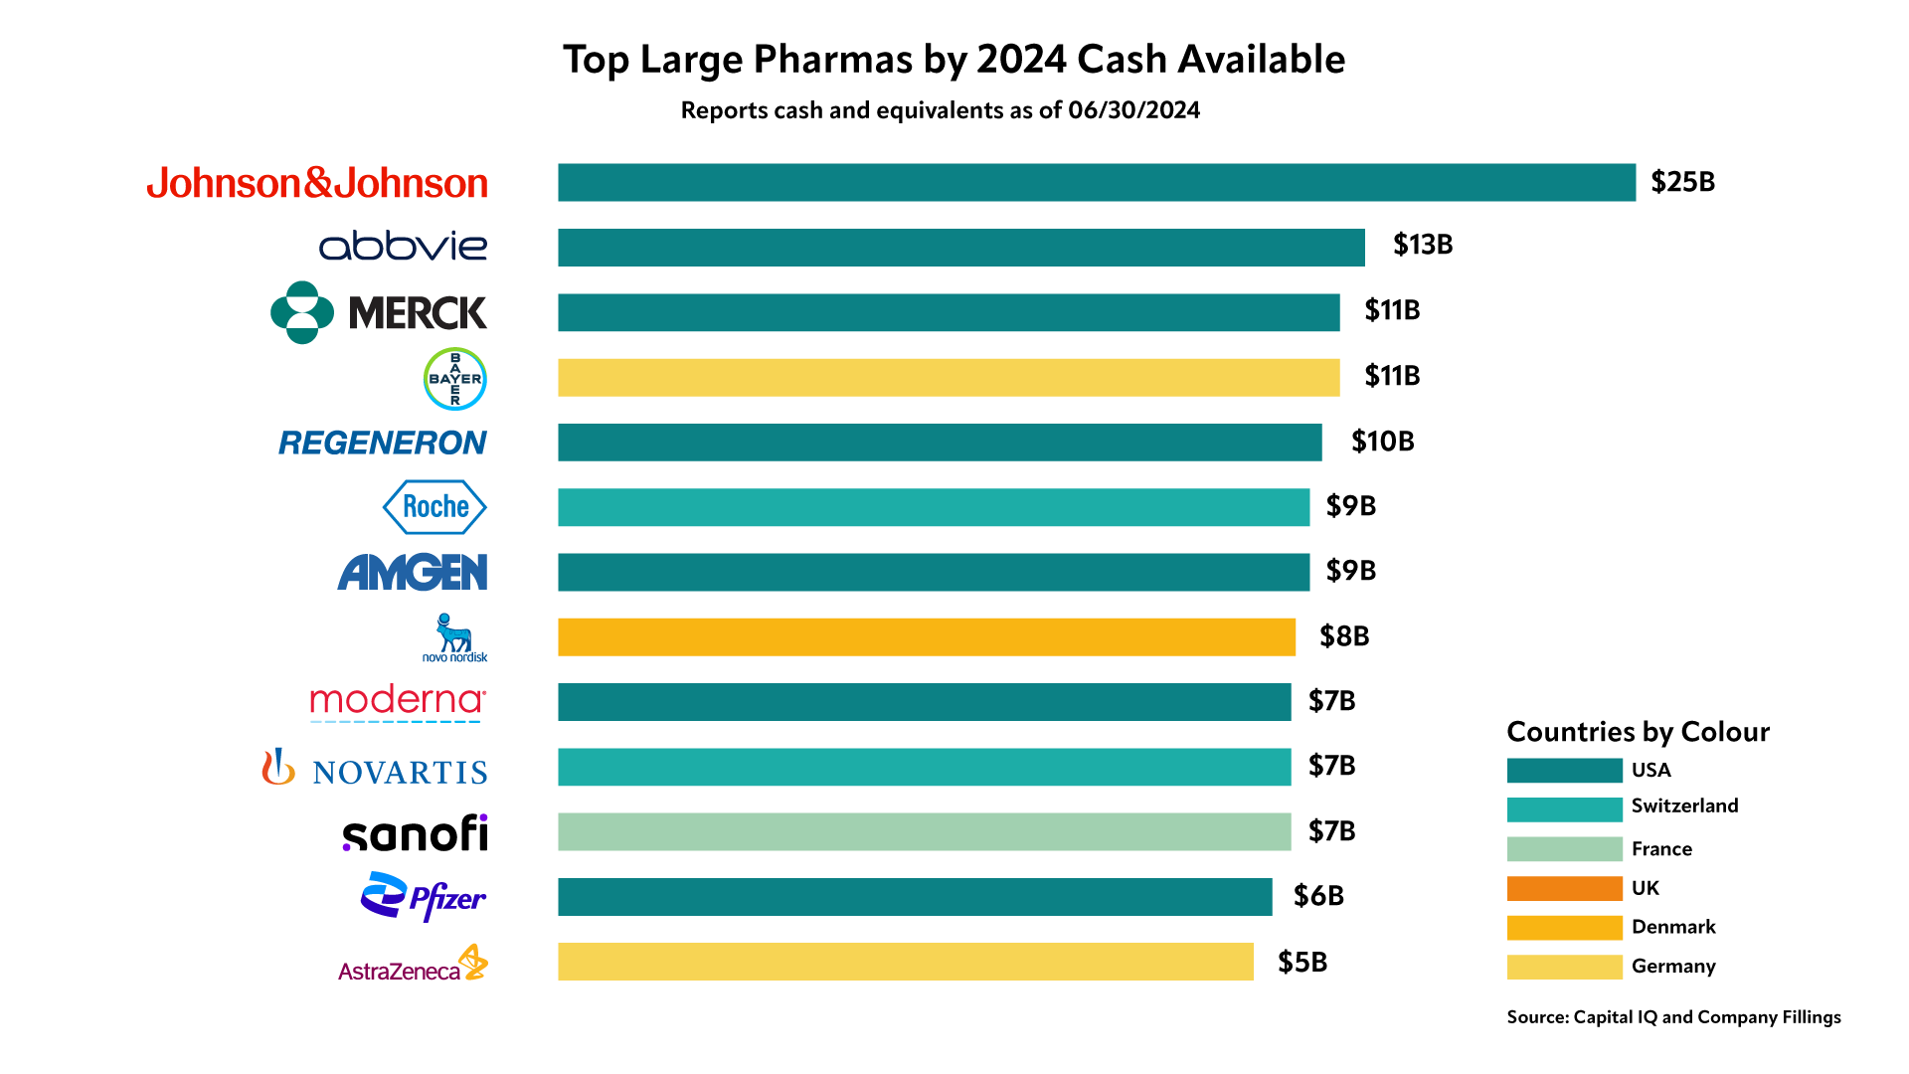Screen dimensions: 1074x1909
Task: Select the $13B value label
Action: point(1422,245)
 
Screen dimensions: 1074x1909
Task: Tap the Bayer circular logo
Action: point(454,379)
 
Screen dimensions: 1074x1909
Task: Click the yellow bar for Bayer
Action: point(948,378)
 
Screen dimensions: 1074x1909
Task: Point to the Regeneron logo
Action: point(383,443)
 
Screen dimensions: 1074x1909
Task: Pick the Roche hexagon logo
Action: point(434,507)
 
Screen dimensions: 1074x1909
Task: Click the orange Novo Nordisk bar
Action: point(926,637)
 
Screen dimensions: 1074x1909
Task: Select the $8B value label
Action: point(1344,636)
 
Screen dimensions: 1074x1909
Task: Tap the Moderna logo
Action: point(398,701)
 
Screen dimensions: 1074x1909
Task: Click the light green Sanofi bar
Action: point(924,832)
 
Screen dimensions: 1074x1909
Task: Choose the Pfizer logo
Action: point(424,897)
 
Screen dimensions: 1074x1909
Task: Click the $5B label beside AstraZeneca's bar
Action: point(1302,963)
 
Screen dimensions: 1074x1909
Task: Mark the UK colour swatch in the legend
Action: point(1564,888)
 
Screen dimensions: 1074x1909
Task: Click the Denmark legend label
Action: point(1673,927)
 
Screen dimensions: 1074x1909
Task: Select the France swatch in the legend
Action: point(1564,849)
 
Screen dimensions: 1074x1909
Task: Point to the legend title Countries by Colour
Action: point(1638,732)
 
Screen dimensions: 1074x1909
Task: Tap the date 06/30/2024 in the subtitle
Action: point(1133,110)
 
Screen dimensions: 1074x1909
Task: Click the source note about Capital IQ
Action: point(1673,1017)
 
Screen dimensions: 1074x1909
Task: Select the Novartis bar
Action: point(924,768)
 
